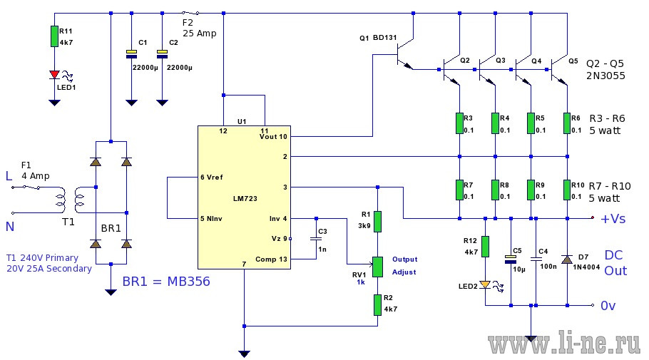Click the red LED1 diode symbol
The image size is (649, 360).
(54, 75)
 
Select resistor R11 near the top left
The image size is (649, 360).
(54, 36)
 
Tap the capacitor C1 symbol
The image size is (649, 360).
(131, 54)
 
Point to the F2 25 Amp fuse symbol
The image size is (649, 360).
(191, 14)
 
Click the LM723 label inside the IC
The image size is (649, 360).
(245, 199)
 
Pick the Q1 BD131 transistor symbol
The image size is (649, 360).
(404, 53)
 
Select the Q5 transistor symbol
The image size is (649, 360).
(558, 70)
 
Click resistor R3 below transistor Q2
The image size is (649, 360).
(459, 123)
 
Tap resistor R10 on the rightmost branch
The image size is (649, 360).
(567, 190)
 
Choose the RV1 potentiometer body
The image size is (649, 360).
(377, 267)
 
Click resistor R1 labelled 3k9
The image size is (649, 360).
(377, 222)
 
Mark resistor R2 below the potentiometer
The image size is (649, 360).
(377, 305)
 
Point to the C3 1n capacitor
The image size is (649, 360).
(316, 239)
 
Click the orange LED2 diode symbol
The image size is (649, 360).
(485, 284)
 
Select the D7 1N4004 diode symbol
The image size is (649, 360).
(567, 259)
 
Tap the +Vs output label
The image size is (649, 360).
(613, 218)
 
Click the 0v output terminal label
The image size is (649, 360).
(608, 306)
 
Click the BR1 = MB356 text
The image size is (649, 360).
(166, 282)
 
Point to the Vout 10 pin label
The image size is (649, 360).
(273, 137)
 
